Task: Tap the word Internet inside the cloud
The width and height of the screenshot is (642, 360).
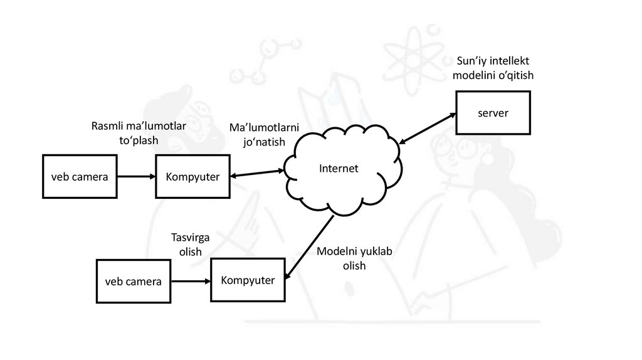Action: click(x=339, y=168)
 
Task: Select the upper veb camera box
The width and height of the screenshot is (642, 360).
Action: click(x=80, y=177)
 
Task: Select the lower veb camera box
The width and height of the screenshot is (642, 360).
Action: click(x=133, y=282)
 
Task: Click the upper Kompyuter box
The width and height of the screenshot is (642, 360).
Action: click(x=192, y=177)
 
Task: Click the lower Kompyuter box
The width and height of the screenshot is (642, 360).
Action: click(x=248, y=280)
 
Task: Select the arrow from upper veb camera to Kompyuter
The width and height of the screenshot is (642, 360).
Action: click(x=136, y=177)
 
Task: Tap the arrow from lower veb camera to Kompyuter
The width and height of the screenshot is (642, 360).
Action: click(x=191, y=281)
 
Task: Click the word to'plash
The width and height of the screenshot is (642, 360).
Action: click(x=139, y=140)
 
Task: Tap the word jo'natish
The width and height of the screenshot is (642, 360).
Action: click(x=264, y=142)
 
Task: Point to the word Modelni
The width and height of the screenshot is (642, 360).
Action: click(x=336, y=251)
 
